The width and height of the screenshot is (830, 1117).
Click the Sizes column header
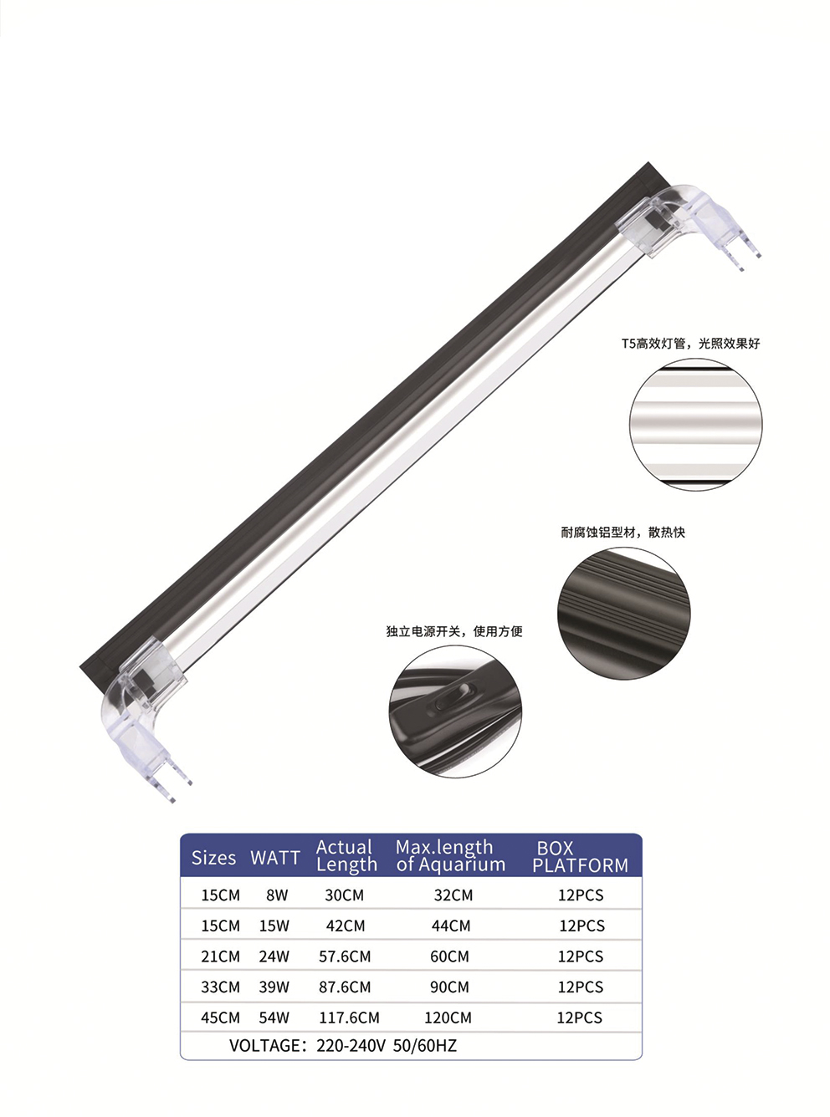(x=213, y=857)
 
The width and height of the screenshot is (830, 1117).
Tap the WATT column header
(x=274, y=857)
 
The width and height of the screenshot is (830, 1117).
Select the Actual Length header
(x=346, y=855)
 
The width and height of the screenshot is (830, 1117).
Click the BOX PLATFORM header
(x=580, y=856)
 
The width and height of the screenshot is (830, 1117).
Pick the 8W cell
(x=277, y=895)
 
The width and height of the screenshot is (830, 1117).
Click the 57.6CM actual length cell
(x=345, y=956)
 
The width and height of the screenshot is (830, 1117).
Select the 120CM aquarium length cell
(x=448, y=1018)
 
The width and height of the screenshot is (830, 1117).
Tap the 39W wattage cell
(x=274, y=987)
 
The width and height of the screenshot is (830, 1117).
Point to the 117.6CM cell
(x=349, y=1018)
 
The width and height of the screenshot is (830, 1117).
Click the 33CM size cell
(x=220, y=987)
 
